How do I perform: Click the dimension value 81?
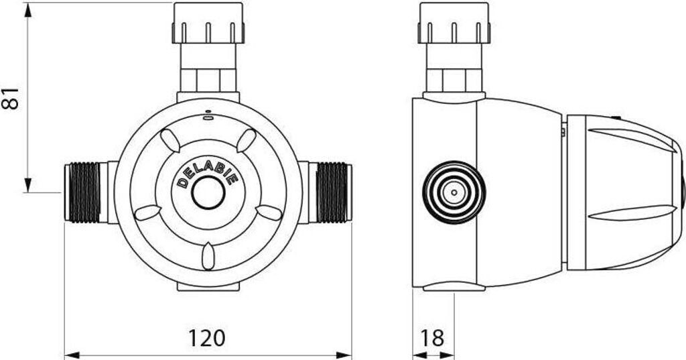[x=11, y=98]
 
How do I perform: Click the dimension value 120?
[x=206, y=338]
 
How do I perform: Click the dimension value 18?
[x=432, y=338]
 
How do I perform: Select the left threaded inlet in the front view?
[x=86, y=192]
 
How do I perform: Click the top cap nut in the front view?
[x=208, y=23]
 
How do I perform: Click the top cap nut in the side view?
[x=454, y=23]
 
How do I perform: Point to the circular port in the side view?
[x=454, y=192]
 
